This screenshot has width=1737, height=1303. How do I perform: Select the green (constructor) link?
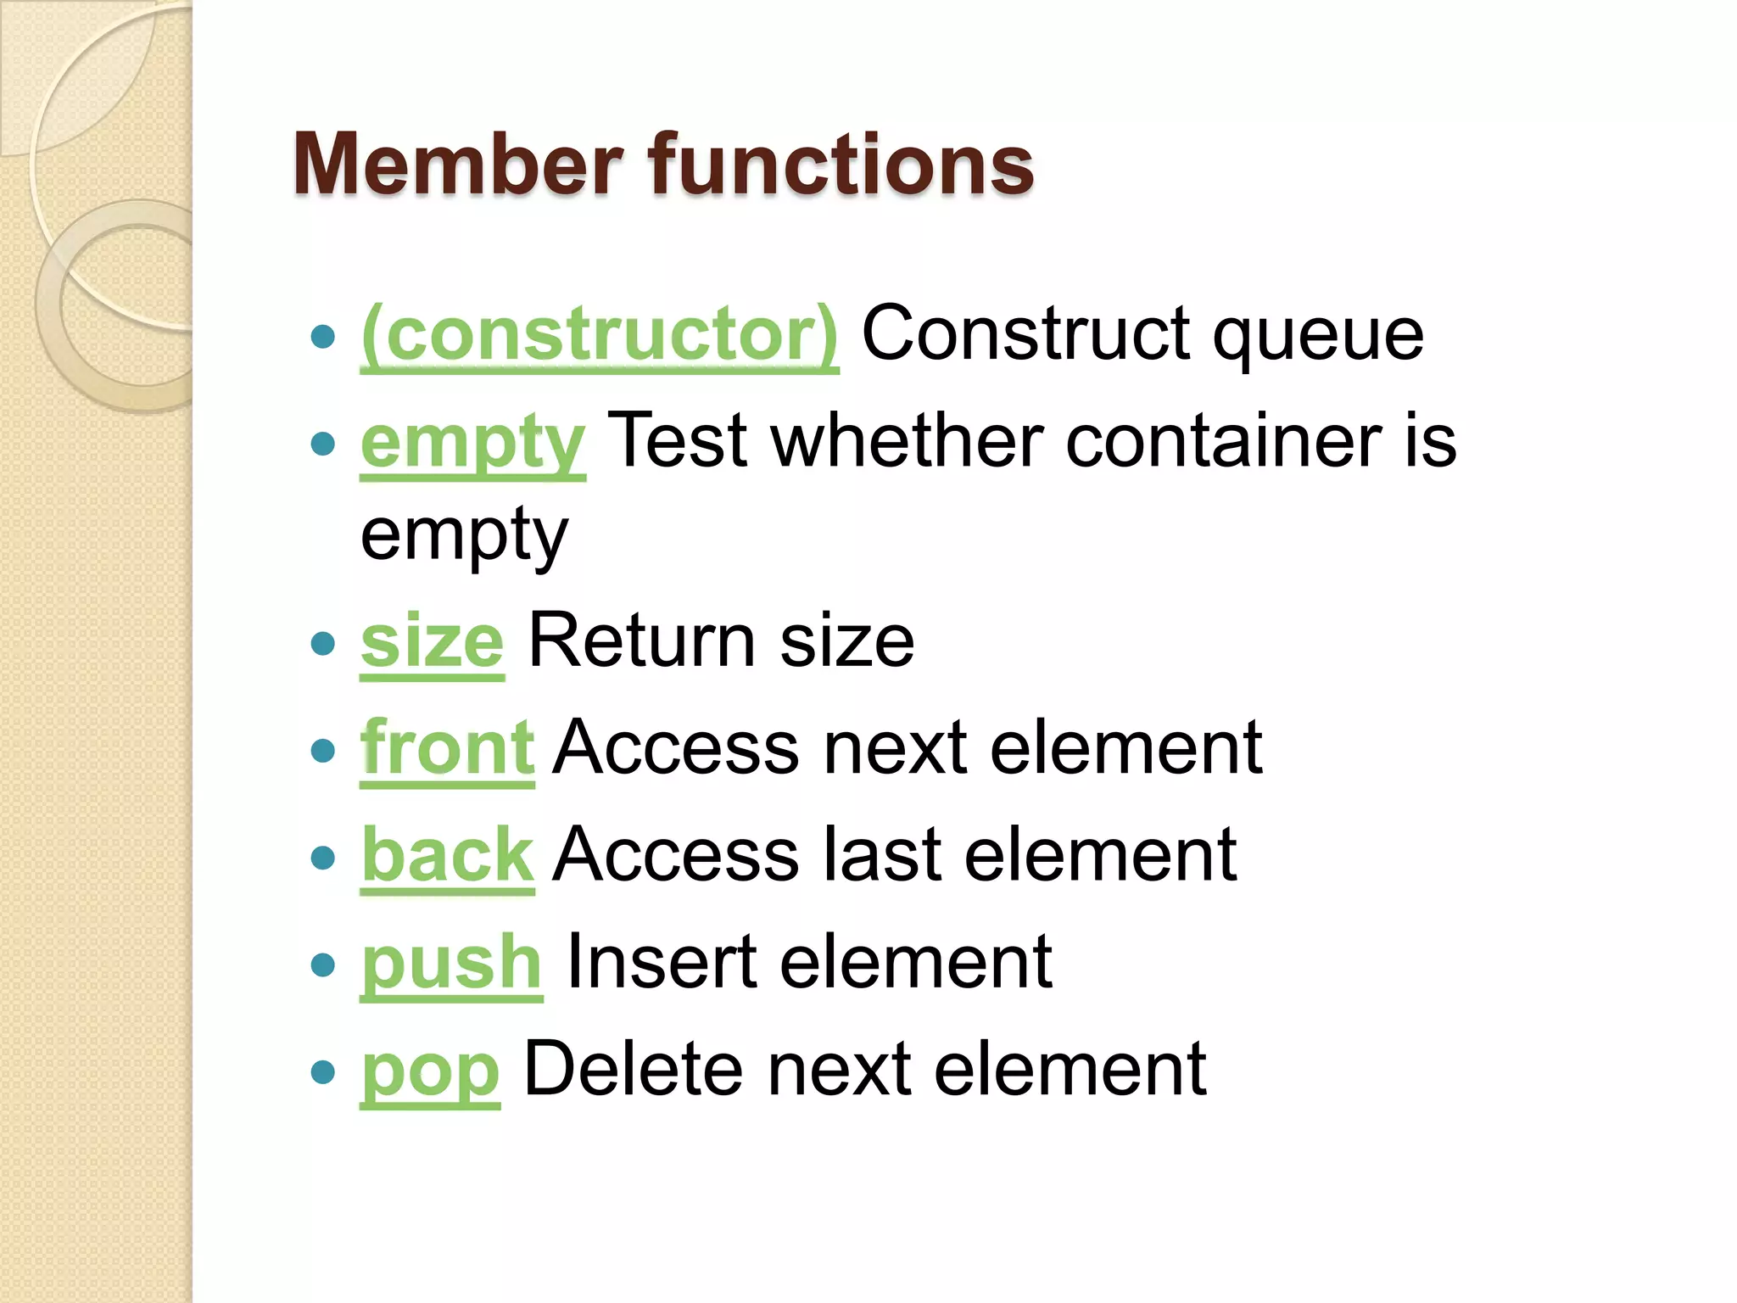pos(600,335)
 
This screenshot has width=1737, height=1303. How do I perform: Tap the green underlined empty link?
pos(472,442)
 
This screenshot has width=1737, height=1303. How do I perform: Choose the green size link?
pos(433,641)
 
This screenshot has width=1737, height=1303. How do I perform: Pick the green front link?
pos(447,748)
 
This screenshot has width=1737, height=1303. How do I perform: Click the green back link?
pos(447,855)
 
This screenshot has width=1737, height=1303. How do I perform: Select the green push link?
pos(451,962)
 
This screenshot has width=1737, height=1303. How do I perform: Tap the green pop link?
pos(430,1070)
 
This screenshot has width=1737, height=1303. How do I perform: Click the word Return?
pos(641,641)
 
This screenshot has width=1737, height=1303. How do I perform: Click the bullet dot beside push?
pos(323,965)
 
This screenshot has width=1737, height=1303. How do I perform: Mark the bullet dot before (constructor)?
pos(323,338)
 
